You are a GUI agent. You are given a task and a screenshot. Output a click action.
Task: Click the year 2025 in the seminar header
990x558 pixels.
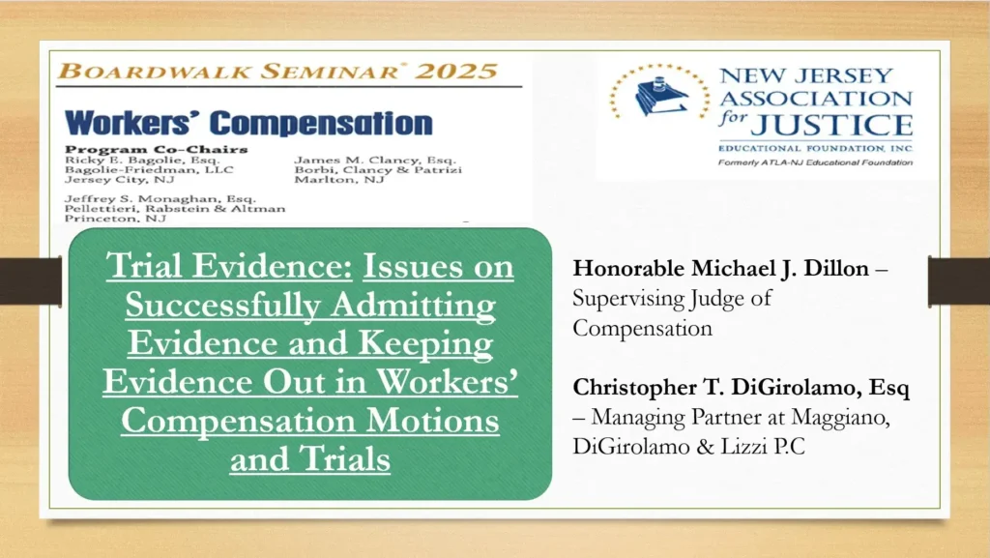click(x=456, y=71)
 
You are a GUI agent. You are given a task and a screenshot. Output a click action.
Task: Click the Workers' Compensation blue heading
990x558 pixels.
click(x=248, y=123)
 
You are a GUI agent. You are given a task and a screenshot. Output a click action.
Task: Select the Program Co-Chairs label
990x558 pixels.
click(x=156, y=150)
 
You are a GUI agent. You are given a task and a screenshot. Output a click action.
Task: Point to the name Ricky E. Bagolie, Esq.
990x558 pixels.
click(x=142, y=161)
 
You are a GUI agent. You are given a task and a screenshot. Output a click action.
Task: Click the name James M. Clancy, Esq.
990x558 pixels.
click(x=375, y=161)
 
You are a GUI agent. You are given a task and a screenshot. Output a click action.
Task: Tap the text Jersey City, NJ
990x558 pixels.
click(x=119, y=180)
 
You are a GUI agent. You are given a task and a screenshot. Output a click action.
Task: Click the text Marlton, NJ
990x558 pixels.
click(x=339, y=180)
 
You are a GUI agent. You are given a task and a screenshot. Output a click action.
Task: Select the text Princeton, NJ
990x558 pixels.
click(x=115, y=219)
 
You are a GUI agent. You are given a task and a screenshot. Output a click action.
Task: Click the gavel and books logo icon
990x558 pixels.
click(x=659, y=94)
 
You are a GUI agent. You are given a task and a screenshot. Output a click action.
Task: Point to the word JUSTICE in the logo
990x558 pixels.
click(x=830, y=125)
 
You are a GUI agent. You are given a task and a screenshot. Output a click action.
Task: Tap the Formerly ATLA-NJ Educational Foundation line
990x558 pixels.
click(x=815, y=162)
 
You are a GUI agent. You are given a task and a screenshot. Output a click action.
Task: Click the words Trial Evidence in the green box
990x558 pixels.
click(x=228, y=266)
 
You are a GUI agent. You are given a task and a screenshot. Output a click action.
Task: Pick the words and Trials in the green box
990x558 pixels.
click(x=310, y=459)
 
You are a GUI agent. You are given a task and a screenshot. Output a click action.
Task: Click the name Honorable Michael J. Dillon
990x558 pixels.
click(x=721, y=268)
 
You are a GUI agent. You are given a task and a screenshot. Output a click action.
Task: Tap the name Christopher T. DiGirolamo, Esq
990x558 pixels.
click(x=742, y=388)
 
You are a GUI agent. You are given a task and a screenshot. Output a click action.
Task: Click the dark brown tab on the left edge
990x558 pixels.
click(x=31, y=280)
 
